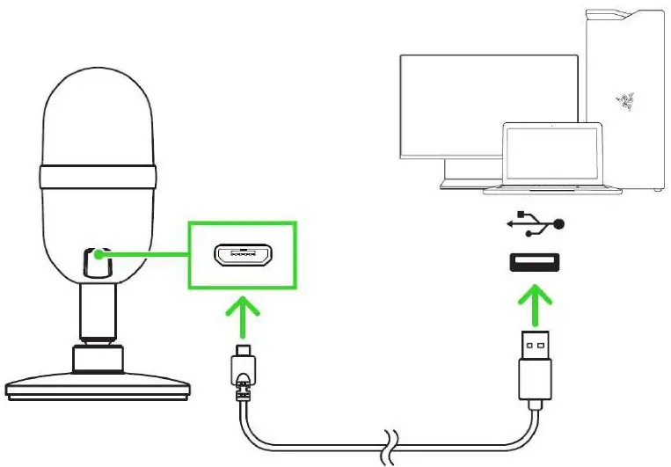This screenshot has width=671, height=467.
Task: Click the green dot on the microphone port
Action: pos(98,256)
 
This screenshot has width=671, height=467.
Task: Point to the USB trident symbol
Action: pos(534,224)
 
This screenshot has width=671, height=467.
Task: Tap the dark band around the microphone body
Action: pos(99,178)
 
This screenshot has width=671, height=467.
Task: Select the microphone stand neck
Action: pos(99,312)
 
